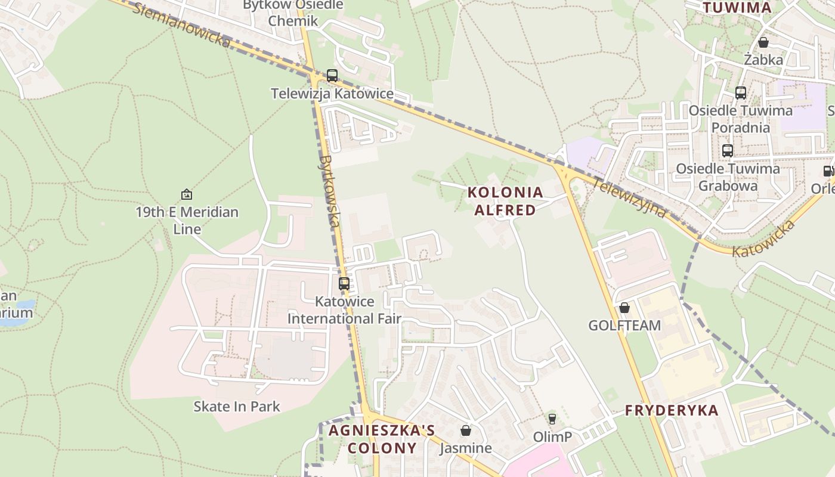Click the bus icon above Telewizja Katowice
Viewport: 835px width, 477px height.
click(332, 76)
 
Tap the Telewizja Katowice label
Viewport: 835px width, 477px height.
click(332, 94)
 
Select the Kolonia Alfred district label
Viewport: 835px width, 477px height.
click(505, 201)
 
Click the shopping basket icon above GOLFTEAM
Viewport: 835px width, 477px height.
click(624, 308)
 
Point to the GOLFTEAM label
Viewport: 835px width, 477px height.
click(624, 326)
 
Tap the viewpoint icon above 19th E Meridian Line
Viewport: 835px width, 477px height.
click(187, 194)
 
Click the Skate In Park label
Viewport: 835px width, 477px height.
click(237, 407)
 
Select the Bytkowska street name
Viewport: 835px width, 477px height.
click(329, 191)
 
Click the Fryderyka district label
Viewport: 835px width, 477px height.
click(672, 410)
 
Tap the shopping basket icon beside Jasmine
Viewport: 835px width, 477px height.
click(466, 430)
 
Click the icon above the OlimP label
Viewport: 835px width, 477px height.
click(552, 419)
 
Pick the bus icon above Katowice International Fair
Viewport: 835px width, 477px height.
click(344, 284)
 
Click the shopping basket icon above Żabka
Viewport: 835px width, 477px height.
click(763, 42)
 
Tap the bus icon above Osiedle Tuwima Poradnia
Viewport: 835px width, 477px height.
click(741, 93)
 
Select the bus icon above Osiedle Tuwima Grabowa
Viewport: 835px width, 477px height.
click(728, 151)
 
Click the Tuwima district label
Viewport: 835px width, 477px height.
click(737, 8)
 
